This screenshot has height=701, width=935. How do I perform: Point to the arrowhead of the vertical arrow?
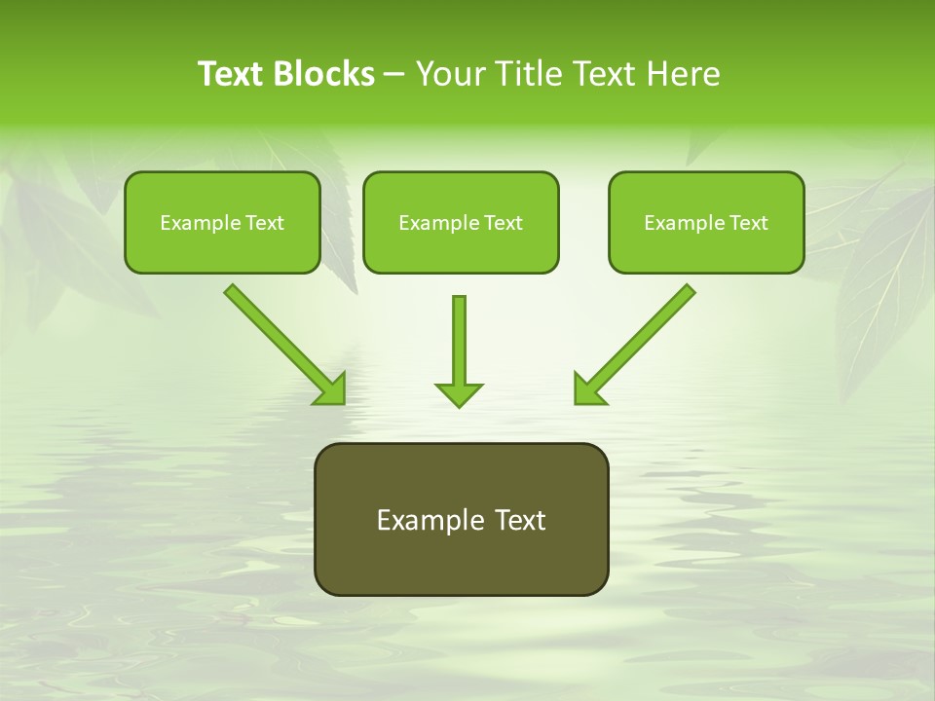(x=459, y=394)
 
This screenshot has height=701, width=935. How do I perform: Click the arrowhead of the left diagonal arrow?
(x=331, y=389)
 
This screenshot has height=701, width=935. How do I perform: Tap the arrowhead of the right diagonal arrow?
(x=588, y=389)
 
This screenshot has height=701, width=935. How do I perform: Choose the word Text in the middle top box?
(x=503, y=223)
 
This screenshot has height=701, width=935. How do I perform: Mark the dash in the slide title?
(x=394, y=75)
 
